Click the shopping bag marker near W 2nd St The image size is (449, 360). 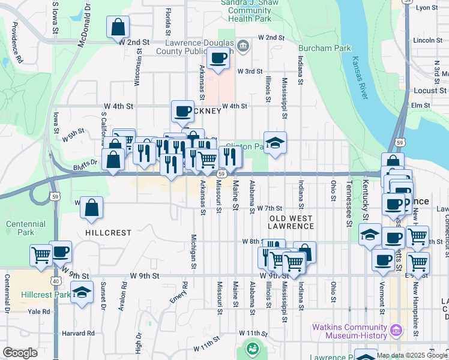(x=118, y=27)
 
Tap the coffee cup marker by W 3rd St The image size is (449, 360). (x=218, y=58)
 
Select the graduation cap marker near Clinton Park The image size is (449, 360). (x=275, y=143)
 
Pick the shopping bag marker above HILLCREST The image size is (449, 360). (x=91, y=208)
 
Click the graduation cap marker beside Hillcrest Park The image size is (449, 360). (x=82, y=293)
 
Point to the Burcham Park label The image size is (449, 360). (x=326, y=47)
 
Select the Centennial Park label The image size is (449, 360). (x=25, y=229)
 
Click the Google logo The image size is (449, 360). (x=20, y=353)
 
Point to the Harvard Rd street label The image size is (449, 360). (x=78, y=333)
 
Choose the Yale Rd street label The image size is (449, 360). (x=38, y=311)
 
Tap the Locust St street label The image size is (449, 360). (x=430, y=91)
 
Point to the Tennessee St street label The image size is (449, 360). (x=348, y=204)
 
